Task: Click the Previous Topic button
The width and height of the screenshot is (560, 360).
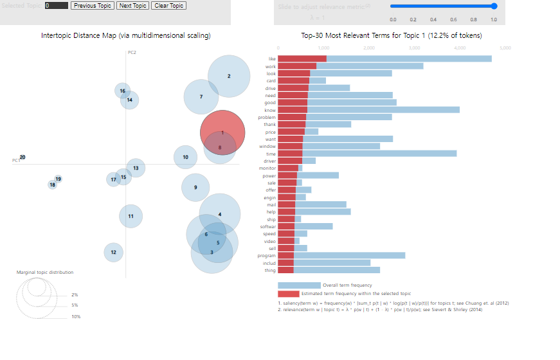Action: point(93,5)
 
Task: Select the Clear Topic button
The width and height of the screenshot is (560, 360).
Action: point(169,5)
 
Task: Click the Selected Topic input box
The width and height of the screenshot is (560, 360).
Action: point(57,5)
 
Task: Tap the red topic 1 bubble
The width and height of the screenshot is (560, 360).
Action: point(222,129)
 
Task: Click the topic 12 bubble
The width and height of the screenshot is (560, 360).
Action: point(113,253)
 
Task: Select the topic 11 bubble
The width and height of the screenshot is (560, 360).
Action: point(131,216)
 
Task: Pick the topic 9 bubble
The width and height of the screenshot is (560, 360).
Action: point(195,187)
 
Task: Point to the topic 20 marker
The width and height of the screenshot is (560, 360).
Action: point(22,157)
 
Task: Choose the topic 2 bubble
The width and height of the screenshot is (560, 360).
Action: point(229,76)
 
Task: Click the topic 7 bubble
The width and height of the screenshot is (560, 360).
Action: point(201,96)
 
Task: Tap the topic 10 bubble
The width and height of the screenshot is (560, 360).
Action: point(185,157)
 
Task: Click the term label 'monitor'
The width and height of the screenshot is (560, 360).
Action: point(267,168)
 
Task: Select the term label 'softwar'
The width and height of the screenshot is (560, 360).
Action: point(267,226)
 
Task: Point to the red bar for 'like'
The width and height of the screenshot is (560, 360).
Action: point(302,59)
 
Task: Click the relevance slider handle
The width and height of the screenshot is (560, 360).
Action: point(494,6)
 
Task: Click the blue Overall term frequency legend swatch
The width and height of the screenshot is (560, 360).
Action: point(299,285)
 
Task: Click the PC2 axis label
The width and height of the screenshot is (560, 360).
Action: point(132,52)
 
